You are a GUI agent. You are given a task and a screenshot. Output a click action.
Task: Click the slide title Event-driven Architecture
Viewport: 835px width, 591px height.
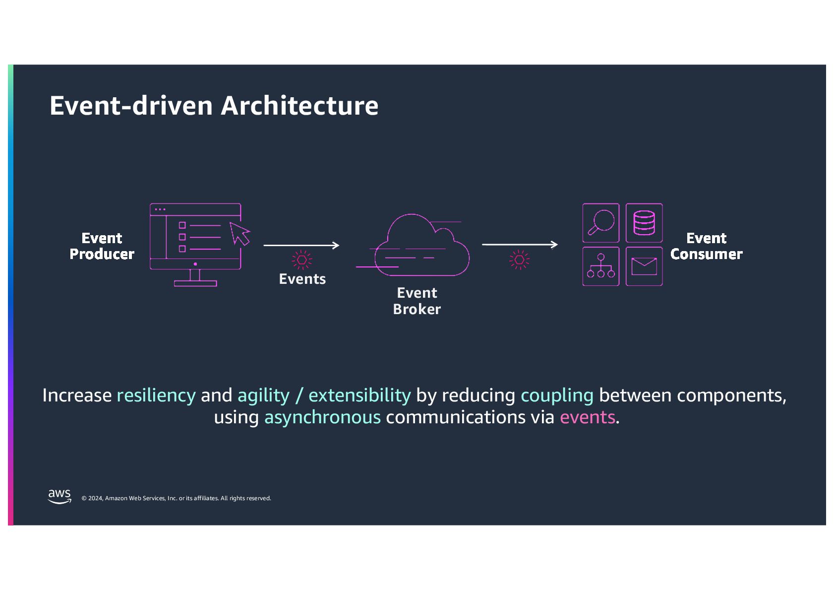214,106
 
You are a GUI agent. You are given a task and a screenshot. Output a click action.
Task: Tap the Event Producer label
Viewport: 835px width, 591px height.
102,246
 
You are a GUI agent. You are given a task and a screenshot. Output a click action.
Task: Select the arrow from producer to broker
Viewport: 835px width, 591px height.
301,245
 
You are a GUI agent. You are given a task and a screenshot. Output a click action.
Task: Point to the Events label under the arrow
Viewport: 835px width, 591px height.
302,279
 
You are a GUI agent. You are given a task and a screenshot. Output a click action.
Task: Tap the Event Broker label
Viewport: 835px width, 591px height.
417,301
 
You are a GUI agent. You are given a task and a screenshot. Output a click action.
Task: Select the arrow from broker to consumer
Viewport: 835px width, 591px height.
519,245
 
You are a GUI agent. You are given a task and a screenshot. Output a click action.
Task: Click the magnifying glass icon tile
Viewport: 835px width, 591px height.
600,223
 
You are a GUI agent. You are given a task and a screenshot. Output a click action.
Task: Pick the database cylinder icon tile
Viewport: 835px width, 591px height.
644,223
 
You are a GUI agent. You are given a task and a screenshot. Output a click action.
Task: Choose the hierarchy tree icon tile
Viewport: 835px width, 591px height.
600,266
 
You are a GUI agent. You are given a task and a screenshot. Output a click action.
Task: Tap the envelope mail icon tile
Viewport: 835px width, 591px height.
644,266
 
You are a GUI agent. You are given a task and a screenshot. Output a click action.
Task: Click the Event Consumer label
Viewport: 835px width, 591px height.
706,246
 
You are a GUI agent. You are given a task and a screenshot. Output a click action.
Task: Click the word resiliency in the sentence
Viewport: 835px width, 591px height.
156,395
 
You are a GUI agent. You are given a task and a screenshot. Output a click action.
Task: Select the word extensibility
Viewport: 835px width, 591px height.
359,395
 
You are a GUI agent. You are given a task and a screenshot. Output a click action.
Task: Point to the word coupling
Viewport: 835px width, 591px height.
557,395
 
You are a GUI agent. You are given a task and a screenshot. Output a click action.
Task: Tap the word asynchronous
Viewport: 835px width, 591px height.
322,417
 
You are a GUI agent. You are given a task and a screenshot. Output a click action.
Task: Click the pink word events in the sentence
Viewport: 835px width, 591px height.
587,417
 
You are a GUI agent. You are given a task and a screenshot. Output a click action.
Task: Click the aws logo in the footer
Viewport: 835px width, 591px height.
60,496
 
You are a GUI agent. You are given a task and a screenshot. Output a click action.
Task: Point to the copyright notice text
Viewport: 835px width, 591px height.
176,498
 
